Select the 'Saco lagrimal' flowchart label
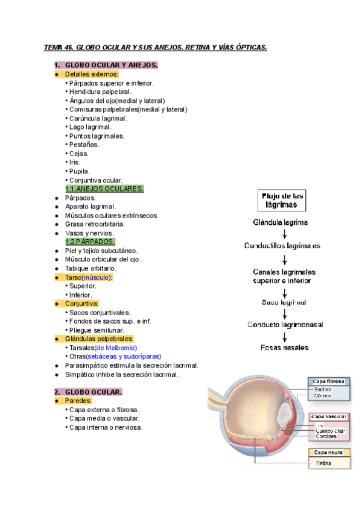click(284, 302)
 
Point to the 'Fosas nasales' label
click(284, 348)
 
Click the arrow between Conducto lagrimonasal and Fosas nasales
click(284, 336)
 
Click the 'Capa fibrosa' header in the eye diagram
click(328, 381)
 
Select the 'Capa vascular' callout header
click(328, 417)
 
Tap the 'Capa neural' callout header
click(328, 452)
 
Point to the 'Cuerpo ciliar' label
click(329, 431)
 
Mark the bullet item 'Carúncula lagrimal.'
click(98, 118)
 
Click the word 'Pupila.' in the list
click(80, 171)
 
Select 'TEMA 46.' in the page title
click(59, 48)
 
